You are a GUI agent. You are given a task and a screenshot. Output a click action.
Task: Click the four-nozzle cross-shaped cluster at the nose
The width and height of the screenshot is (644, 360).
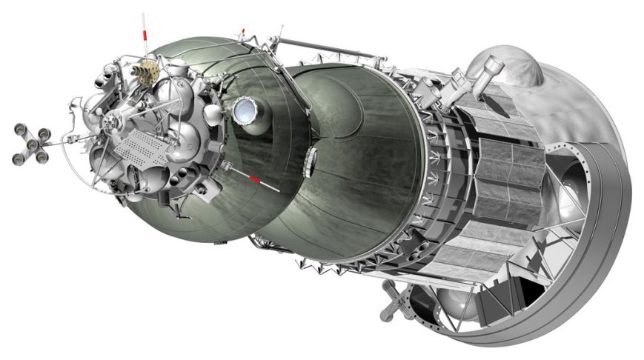[x=32, y=144]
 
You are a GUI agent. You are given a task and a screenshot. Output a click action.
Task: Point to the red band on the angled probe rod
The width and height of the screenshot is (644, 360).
[x=255, y=179]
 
